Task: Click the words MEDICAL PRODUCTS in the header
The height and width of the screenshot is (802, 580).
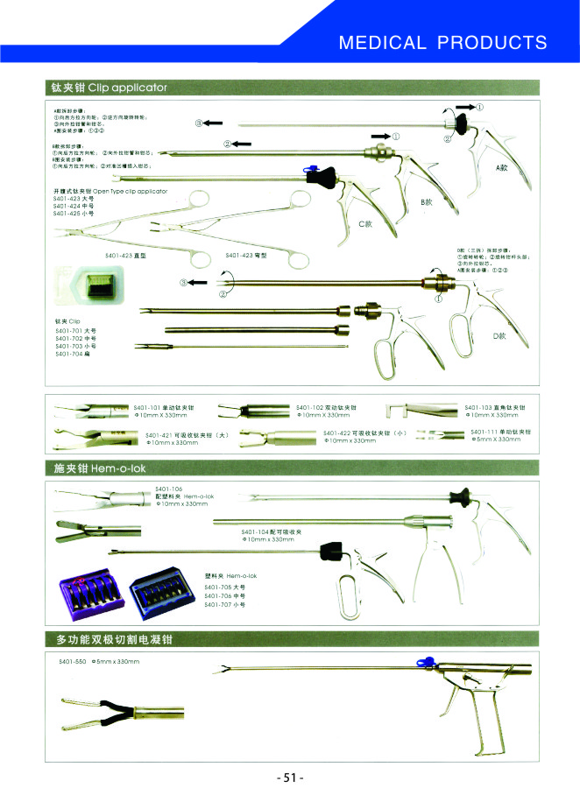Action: (x=442, y=43)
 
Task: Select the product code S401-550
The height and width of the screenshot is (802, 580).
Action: (x=70, y=661)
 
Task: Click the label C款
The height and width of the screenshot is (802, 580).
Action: (x=367, y=225)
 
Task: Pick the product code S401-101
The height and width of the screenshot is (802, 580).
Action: (x=146, y=408)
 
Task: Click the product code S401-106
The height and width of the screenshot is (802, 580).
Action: (x=169, y=488)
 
